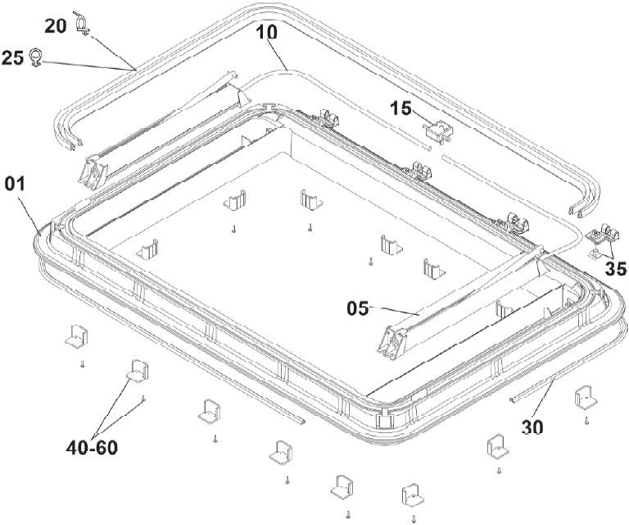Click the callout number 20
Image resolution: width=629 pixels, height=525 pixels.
tap(55, 26)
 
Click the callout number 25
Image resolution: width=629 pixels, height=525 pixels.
tap(12, 58)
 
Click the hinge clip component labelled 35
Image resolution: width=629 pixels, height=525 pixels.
tap(605, 238)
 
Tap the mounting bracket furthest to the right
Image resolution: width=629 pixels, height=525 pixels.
tap(586, 398)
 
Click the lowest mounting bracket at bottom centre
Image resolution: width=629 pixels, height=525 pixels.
tap(411, 496)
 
